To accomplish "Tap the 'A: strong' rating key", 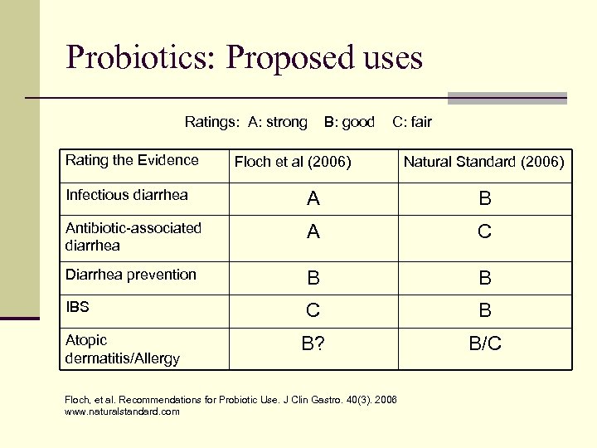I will click(277, 122).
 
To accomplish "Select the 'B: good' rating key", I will click(349, 122).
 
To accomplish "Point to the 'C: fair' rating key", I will click(412, 122).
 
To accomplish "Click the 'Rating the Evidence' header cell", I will click(132, 160).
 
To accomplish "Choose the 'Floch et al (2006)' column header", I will click(293, 162).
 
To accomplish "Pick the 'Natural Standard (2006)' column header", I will click(483, 162).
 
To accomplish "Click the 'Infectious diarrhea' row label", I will click(127, 195).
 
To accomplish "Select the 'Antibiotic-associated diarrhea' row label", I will click(133, 236).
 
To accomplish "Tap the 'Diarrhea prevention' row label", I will click(131, 274).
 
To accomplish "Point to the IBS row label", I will click(77, 307).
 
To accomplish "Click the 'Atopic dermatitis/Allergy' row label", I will click(122, 349).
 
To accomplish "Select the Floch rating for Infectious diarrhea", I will click(313, 199).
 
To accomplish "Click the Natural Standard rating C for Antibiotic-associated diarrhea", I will click(485, 233).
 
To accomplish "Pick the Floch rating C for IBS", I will click(313, 311).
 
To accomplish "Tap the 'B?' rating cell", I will click(313, 343).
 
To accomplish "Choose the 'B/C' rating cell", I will click(485, 343).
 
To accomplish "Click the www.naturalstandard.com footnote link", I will click(122, 411).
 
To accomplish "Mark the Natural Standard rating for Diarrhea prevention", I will click(485, 278).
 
